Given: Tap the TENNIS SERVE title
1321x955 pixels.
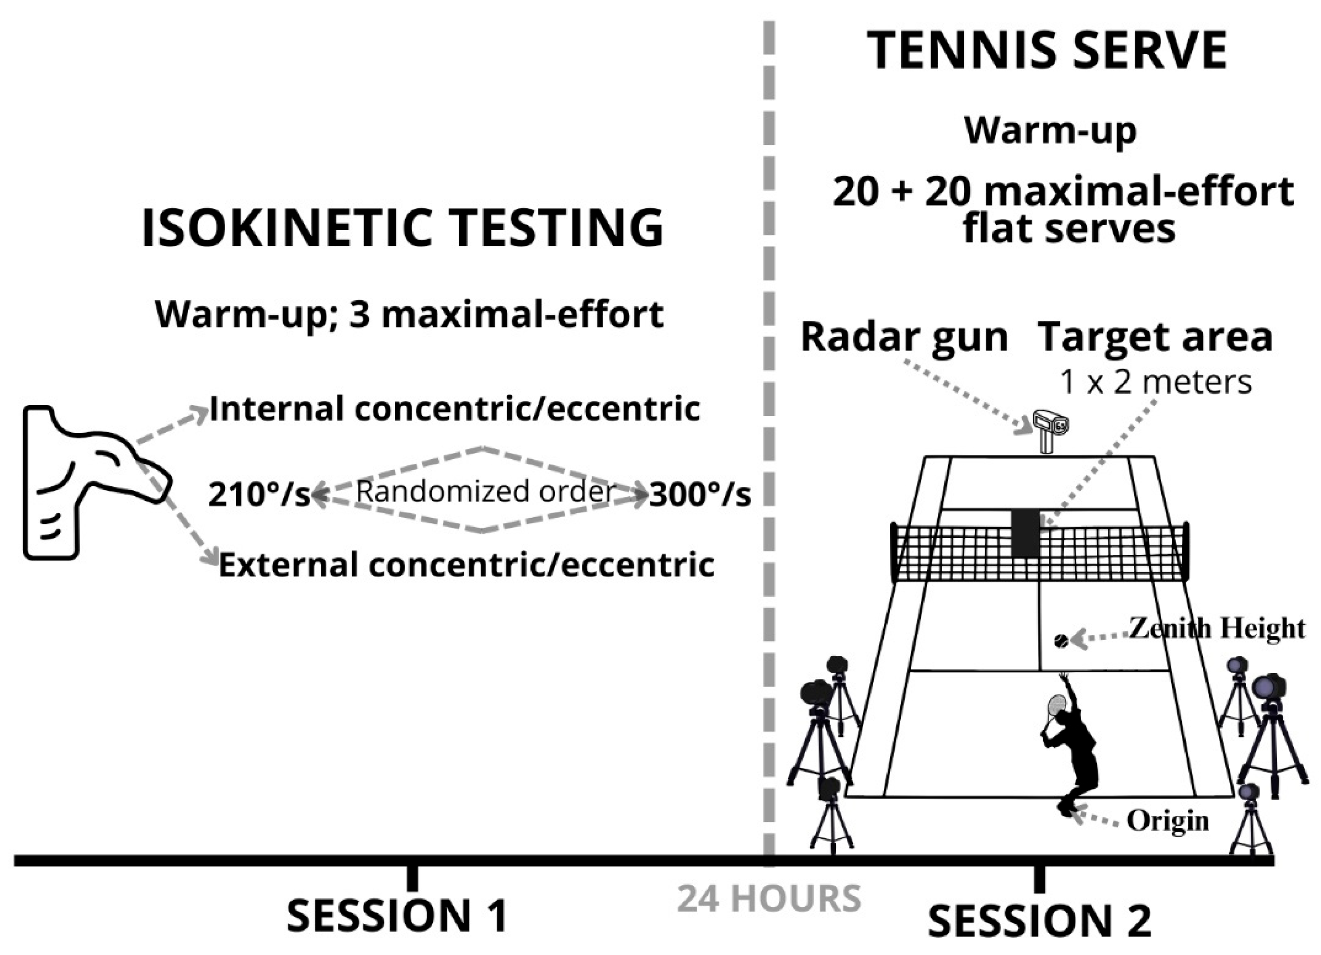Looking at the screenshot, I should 1047,51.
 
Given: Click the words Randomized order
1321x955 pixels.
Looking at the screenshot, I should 485,491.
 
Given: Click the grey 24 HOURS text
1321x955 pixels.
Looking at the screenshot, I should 769,898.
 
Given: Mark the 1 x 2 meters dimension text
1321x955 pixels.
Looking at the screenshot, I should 1156,383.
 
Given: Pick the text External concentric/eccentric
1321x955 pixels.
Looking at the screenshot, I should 466,565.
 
